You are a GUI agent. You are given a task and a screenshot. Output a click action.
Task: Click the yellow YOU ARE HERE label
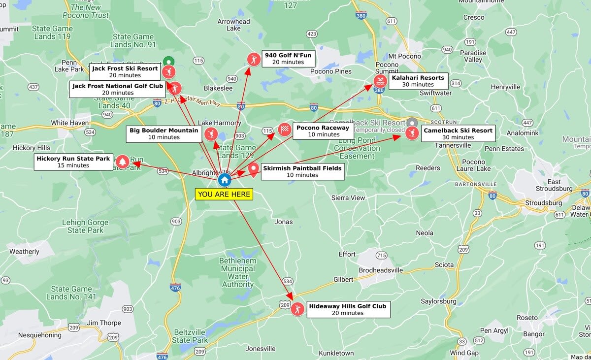[x=224, y=194]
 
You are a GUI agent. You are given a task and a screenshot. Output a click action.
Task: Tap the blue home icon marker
[x=225, y=180]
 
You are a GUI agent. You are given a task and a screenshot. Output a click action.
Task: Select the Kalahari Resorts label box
[x=418, y=81]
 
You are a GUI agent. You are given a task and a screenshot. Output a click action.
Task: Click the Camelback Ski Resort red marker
[x=412, y=133]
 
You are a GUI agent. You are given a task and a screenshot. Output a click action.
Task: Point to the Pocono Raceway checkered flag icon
[x=285, y=130]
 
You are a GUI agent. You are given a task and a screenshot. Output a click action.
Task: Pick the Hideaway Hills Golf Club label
[x=348, y=309]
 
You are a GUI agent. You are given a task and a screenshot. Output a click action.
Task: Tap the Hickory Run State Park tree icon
[x=123, y=161]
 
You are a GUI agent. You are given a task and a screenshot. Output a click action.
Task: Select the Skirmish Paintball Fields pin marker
[x=254, y=170]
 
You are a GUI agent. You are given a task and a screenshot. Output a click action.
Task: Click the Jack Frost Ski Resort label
[x=125, y=72]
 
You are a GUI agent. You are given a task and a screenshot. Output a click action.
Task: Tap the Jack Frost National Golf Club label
[x=118, y=89]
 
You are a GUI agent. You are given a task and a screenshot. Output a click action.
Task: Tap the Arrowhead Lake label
[x=234, y=25]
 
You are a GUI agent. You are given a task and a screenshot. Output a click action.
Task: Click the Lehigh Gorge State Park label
[x=83, y=227]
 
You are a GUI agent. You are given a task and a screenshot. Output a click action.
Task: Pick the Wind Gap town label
[x=464, y=353]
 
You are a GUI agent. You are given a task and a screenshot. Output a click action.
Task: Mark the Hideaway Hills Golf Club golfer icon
[x=297, y=309]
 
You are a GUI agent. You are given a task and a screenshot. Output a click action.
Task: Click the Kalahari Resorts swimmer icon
[x=380, y=81]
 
